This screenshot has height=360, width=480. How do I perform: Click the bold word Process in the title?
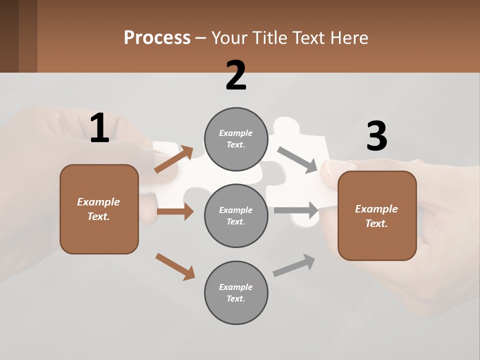click(157, 38)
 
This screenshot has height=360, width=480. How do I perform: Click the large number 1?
click(99, 128)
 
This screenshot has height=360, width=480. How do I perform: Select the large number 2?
click(236, 75)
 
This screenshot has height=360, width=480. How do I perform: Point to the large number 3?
click(376, 136)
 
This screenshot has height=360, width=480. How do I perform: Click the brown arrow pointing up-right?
click(173, 159)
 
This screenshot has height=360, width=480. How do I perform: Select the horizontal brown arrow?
click(175, 211)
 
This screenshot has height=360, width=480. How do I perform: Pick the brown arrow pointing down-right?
click(175, 266)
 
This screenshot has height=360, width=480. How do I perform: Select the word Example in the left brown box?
click(98, 202)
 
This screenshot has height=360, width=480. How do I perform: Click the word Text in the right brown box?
click(375, 223)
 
